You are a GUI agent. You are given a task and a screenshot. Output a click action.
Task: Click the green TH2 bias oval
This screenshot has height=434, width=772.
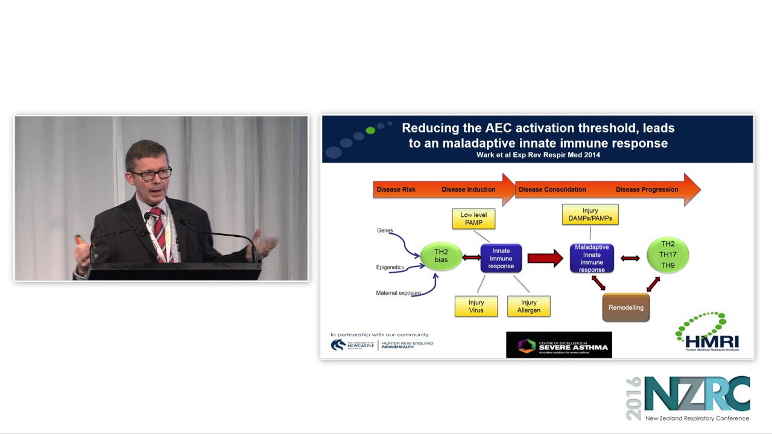point(441,256)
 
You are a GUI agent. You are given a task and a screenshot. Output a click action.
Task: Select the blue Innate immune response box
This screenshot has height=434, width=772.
point(501,258)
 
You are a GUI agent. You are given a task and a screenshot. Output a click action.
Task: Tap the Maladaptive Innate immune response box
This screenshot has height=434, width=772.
point(592,258)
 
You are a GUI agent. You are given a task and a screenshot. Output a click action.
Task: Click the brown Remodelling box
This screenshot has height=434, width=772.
point(625,307)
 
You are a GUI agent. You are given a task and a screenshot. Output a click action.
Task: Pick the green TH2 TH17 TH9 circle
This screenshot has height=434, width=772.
point(668,254)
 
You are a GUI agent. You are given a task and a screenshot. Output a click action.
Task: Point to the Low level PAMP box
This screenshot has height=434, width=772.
point(473,219)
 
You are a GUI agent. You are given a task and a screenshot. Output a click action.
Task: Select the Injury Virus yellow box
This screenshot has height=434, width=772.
point(476,306)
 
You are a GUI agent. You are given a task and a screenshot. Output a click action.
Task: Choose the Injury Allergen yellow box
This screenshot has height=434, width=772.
point(528,306)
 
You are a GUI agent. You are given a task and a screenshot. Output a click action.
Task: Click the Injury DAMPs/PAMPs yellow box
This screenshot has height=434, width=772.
point(590,215)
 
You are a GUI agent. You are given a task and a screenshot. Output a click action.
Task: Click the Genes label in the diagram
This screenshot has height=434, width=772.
point(385,230)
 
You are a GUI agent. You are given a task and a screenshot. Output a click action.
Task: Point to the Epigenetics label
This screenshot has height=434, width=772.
point(390,267)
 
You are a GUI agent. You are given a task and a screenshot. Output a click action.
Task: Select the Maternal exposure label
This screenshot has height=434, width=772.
point(398,293)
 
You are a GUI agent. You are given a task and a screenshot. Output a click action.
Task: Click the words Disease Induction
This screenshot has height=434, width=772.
point(468,189)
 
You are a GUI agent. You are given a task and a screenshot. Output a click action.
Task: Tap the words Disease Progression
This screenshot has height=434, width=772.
point(647,189)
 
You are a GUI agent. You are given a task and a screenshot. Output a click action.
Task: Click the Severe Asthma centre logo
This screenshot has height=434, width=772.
point(558,345)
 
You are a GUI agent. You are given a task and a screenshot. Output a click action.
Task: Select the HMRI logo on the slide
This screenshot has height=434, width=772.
point(708,332)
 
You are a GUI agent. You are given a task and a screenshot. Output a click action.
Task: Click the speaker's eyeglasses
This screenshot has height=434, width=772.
point(151,175)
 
